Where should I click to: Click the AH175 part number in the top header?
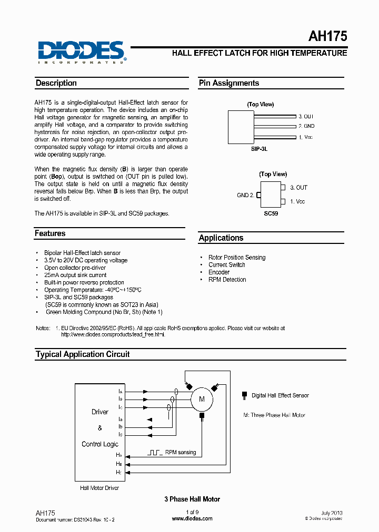pos(327,37)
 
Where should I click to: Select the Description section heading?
pos(56,83)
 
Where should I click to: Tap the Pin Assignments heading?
pos(228,83)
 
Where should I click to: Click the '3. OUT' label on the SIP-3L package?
pos(306,116)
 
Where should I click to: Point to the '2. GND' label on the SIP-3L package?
pos(306,126)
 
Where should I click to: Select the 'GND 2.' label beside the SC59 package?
pos(245,195)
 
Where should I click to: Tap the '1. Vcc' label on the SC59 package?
pos(297,201)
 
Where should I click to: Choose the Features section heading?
pos(50,233)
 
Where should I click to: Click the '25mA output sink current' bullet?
pos(75,275)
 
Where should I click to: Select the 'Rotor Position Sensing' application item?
pos(237,258)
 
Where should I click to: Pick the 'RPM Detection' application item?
pos(227,280)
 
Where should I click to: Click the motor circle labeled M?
pos(201,400)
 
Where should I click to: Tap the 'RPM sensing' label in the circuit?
pos(180,452)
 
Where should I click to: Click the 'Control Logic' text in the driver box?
pos(100,444)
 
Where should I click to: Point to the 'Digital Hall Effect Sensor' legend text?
pos(280,395)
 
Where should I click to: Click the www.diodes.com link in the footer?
pos(192,518)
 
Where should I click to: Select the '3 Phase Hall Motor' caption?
pos(192,499)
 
